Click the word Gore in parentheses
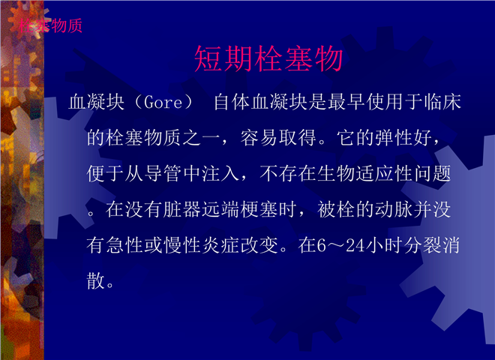163,102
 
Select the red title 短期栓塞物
268,58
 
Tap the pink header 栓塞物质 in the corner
51,25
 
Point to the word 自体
232,102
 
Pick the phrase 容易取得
278,138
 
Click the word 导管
163,173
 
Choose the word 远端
220,209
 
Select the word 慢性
181,245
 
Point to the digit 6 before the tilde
321,245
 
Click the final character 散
96,280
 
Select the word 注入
220,173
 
